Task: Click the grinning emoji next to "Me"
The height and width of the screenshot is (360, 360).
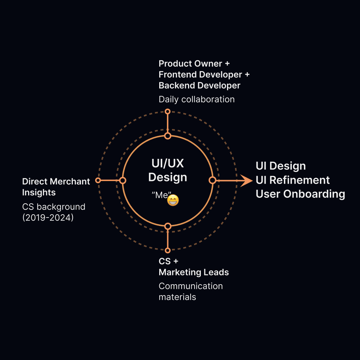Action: tap(173, 200)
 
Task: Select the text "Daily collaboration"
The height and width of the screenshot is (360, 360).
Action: tap(196, 99)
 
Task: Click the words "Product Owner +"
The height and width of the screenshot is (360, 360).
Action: tap(194, 64)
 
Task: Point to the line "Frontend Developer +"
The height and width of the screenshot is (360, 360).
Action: tap(204, 75)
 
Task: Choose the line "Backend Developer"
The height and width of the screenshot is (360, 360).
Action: tap(199, 86)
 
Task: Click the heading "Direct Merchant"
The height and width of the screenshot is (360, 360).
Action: tap(56, 181)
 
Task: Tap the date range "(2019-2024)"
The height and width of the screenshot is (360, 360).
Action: tap(48, 218)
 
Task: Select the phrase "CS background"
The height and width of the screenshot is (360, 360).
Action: tap(54, 207)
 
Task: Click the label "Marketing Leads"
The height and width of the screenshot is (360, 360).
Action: tap(193, 272)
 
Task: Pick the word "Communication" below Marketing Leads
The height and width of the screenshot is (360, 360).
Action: tap(191, 286)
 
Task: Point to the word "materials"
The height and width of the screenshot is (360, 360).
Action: tap(177, 297)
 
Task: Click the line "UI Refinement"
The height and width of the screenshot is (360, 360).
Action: tap(293, 180)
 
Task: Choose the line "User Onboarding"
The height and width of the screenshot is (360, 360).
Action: tap(300, 194)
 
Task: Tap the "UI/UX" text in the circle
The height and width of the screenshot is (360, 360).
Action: tap(168, 163)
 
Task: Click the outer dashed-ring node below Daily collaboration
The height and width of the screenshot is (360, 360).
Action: tap(168, 111)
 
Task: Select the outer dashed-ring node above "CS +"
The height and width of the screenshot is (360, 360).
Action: tap(168, 250)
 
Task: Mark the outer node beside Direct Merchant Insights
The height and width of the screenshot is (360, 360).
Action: tap(98, 180)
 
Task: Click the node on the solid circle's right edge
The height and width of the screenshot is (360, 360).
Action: tap(212, 180)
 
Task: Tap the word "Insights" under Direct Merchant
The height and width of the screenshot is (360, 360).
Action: tap(39, 192)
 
